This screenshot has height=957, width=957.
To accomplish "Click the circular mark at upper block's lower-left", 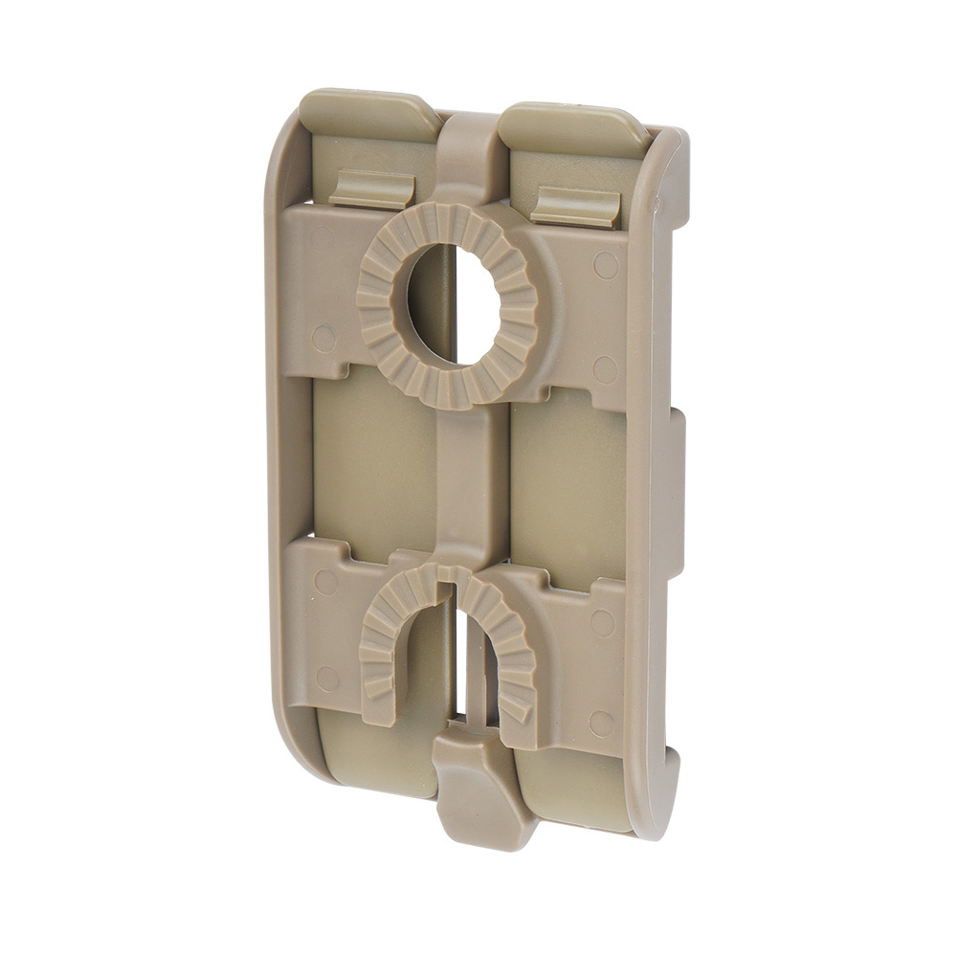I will coord(323,337).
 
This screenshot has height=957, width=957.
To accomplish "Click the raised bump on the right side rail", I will coord(676,493).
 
